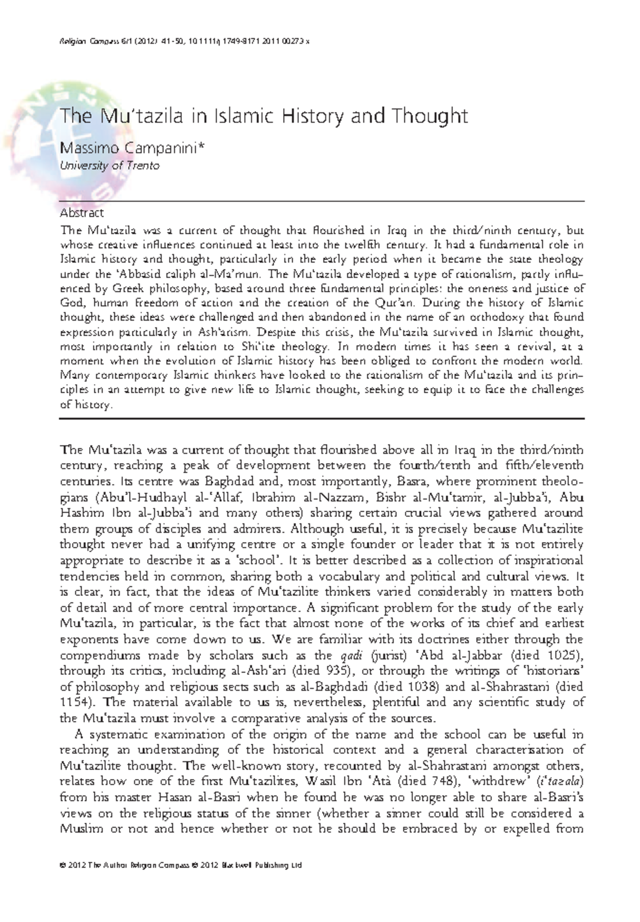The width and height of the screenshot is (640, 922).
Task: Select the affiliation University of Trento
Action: [x=109, y=165]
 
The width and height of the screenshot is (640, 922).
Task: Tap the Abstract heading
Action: [x=82, y=213]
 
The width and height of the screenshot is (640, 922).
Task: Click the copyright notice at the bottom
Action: [x=181, y=865]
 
